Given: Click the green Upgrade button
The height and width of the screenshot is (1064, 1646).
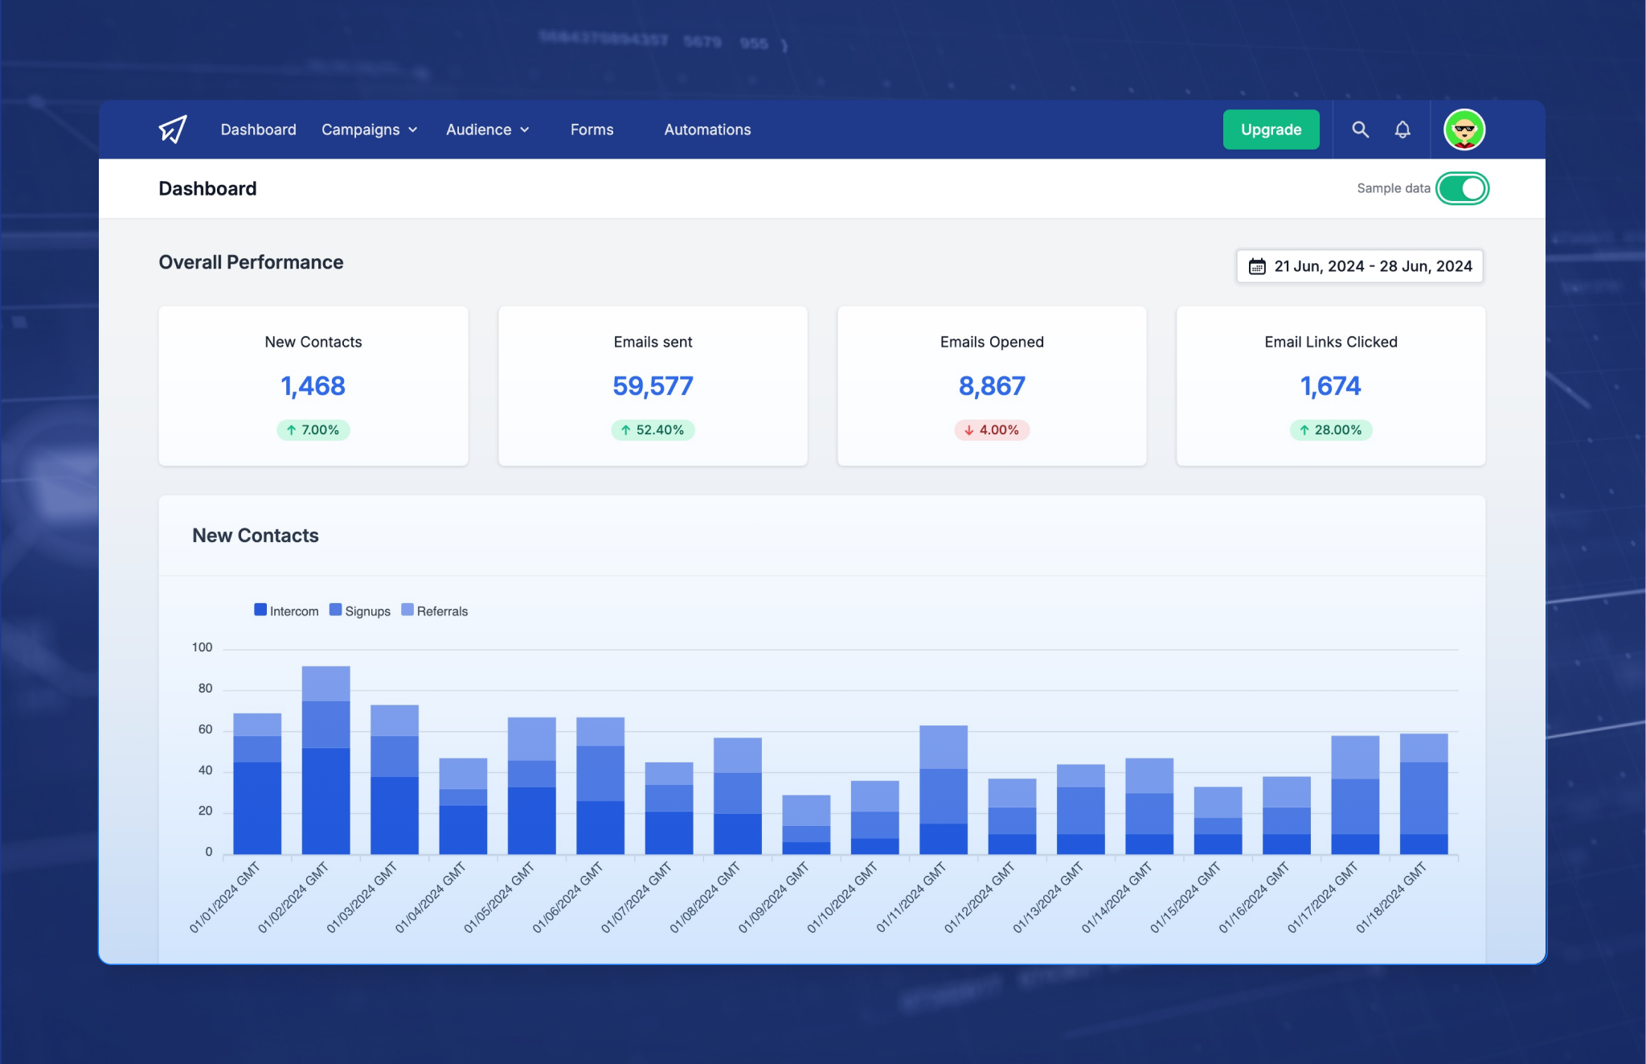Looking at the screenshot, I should pos(1271,129).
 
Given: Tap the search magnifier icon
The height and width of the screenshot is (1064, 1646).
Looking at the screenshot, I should pos(1360,129).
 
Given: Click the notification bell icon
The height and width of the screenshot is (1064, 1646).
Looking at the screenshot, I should pos(1402,129).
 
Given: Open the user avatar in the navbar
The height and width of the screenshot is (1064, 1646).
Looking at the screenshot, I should pos(1464,129).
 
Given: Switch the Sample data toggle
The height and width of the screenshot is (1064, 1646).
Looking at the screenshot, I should pos(1462,188).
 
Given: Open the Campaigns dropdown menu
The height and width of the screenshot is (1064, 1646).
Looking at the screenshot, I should pos(369,129).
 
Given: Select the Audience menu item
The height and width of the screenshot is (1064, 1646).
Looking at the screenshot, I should pos(487,129).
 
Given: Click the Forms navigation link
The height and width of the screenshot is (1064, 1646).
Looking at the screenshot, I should pos(592,129).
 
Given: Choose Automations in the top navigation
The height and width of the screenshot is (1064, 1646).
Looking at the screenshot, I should pos(707,129).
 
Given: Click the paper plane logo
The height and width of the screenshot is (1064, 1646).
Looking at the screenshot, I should pos(173,129).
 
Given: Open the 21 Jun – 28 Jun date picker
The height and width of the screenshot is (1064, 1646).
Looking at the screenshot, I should pos(1360,266).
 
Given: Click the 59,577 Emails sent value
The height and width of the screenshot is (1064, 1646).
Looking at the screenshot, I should pos(653,386).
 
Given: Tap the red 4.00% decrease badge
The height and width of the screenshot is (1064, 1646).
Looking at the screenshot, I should pos(992,430).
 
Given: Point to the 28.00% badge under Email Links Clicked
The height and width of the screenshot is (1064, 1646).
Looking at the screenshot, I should pos(1330,430).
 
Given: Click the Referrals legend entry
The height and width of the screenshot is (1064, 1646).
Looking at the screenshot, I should pos(435,611).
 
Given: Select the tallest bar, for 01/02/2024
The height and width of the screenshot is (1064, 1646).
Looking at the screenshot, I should pos(326,760).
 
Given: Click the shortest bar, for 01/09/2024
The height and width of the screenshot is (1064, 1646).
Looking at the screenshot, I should pos(806,824).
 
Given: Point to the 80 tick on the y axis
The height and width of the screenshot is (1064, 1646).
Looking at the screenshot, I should pos(205,688).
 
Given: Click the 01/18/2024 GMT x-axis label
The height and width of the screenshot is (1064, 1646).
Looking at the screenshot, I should pos(1392,898).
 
